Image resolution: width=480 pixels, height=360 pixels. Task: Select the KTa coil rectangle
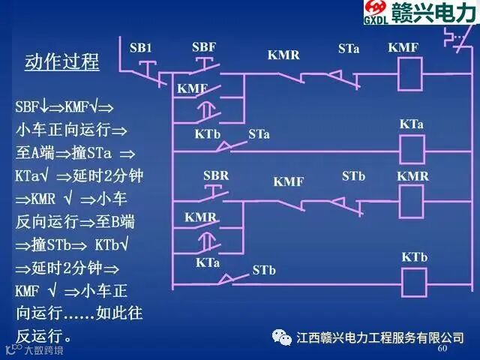coord(411,149)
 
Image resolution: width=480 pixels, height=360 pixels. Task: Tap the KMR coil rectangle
coord(411,201)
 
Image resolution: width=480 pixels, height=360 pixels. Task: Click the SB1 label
coord(140,49)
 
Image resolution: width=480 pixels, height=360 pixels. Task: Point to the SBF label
coord(204,47)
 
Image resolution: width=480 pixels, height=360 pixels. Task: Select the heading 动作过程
coord(62,61)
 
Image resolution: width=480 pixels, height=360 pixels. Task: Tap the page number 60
coord(442,349)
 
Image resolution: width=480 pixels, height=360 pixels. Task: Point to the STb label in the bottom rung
coord(264,269)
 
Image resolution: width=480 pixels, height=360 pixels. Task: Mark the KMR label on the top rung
coord(283,54)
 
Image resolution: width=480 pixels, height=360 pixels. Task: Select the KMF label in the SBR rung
coord(288,181)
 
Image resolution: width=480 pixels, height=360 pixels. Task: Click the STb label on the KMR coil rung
coord(353,176)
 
